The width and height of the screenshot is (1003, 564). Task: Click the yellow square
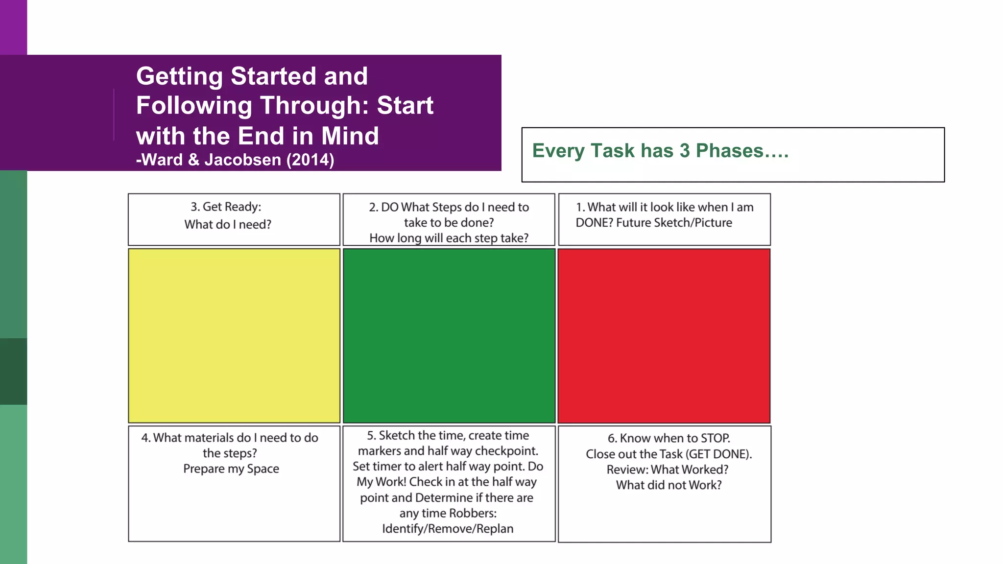point(234,335)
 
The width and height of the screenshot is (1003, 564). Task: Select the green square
point(449,335)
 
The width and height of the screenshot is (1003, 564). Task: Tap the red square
point(664,335)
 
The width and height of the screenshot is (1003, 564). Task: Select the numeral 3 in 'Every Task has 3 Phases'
point(684,151)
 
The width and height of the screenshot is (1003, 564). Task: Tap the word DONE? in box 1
point(594,223)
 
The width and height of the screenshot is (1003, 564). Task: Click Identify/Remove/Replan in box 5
point(448,529)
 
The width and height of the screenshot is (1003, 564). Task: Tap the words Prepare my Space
point(231,469)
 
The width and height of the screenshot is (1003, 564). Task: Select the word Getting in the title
point(180,76)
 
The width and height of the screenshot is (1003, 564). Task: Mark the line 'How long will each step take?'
point(449,238)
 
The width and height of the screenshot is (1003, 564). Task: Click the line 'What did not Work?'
point(669,485)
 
